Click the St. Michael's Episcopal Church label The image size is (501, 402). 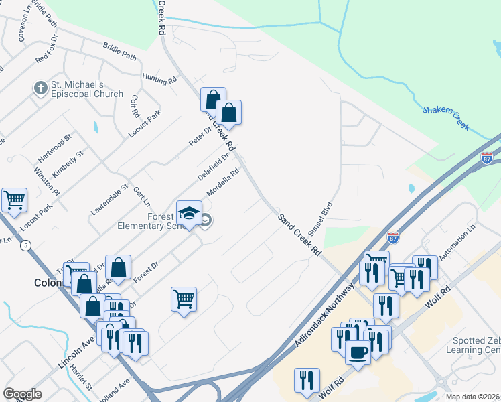(87, 89)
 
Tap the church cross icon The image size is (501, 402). (40, 88)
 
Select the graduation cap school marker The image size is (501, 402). (189, 213)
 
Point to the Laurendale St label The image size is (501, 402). (109, 200)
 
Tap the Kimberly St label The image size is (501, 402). (68, 164)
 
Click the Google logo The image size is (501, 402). (22, 394)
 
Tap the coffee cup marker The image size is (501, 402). (358, 352)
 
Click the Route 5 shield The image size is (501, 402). (25, 246)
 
